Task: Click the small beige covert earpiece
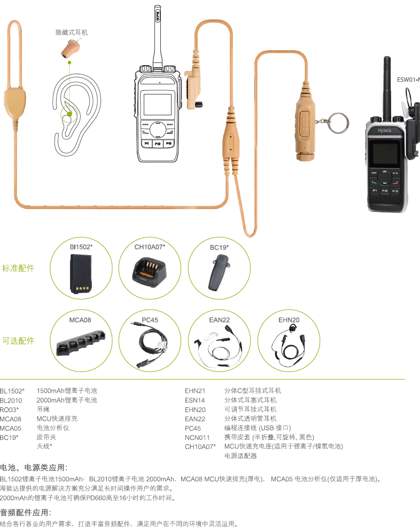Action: (x=71, y=48)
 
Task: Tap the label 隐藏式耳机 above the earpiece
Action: (x=72, y=33)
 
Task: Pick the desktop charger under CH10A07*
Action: (x=150, y=273)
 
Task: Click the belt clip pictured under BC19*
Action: (x=219, y=273)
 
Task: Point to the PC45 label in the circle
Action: (x=150, y=320)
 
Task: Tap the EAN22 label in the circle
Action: (x=220, y=320)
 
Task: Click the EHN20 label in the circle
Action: (x=289, y=320)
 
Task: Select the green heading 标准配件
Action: (x=18, y=268)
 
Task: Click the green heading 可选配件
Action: (x=18, y=341)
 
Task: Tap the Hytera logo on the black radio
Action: (x=385, y=131)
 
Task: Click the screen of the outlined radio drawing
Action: (x=157, y=105)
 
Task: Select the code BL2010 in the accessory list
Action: (x=11, y=400)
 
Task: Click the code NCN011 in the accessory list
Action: (x=197, y=438)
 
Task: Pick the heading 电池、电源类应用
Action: (x=34, y=468)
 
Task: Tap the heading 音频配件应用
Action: (x=26, y=512)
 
